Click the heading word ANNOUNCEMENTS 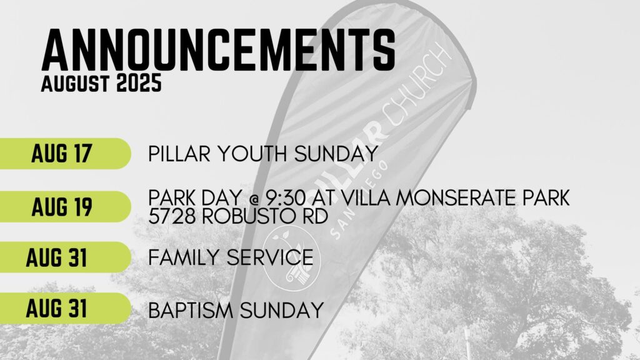click(218, 50)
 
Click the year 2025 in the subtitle click(139, 83)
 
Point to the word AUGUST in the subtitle click(75, 83)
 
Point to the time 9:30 click(286, 198)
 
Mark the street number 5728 click(172, 216)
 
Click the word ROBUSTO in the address click(249, 216)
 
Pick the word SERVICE click(270, 257)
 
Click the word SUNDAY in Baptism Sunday click(282, 310)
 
